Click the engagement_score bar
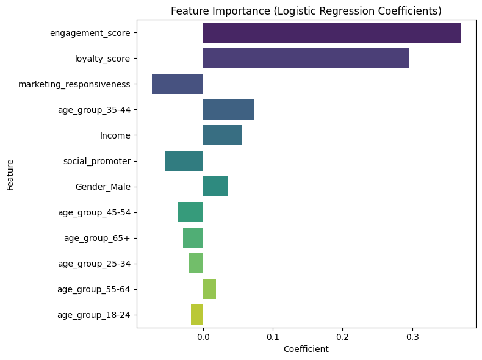331,33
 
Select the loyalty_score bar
306,59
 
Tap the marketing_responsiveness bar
178,84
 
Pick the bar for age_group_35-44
228,110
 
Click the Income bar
222,135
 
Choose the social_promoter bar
184,161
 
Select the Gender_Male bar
215,187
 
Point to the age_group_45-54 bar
190,212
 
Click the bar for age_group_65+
193,238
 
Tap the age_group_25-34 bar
196,264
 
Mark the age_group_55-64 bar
209,289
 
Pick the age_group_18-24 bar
197,315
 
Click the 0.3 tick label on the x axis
412,336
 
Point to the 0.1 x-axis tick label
273,336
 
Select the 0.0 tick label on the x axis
203,336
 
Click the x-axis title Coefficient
306,349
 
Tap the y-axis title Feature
10,175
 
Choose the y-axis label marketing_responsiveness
74,84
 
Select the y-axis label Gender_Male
103,187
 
